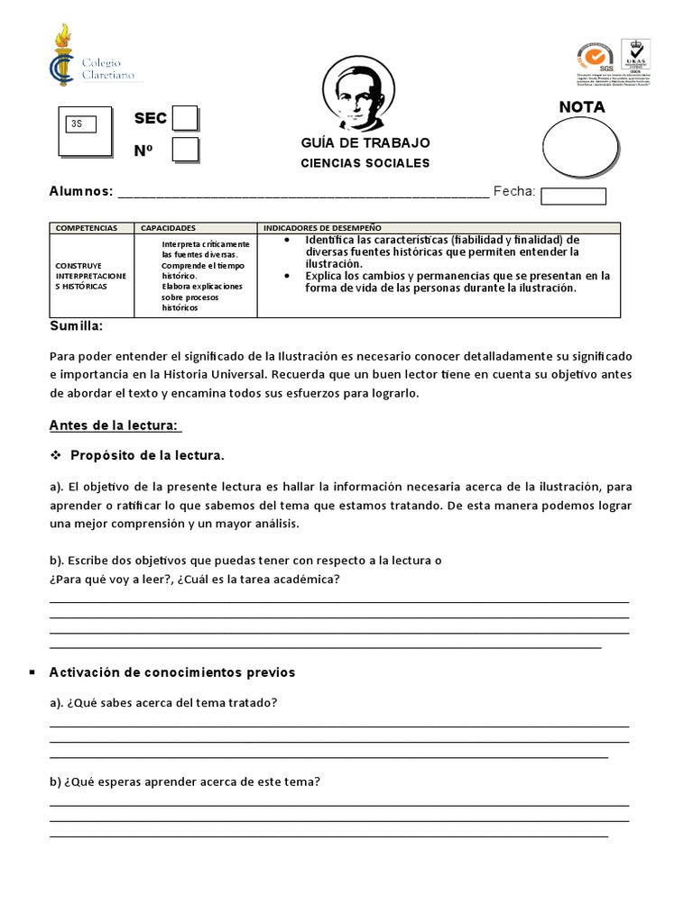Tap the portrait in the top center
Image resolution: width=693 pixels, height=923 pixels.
pos(358,93)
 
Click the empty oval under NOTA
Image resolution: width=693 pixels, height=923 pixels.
pos(580,150)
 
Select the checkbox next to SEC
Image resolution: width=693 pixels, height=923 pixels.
pos(185,119)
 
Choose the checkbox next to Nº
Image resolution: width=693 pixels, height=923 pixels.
pos(185,150)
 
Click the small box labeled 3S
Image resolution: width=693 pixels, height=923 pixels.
pos(87,124)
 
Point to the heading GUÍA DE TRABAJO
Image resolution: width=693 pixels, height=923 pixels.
pos(365,143)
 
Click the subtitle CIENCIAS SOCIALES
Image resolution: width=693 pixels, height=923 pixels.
pos(365,163)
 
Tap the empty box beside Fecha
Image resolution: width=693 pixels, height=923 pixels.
pos(573,196)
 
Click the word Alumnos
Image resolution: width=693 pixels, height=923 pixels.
pos(80,191)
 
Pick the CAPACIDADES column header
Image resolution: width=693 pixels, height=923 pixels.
pos(169,228)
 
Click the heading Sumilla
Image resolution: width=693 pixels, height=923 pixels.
pos(76,325)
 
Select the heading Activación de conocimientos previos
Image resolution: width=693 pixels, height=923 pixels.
pos(172,672)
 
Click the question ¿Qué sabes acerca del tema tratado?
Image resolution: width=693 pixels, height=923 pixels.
pos(162,703)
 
